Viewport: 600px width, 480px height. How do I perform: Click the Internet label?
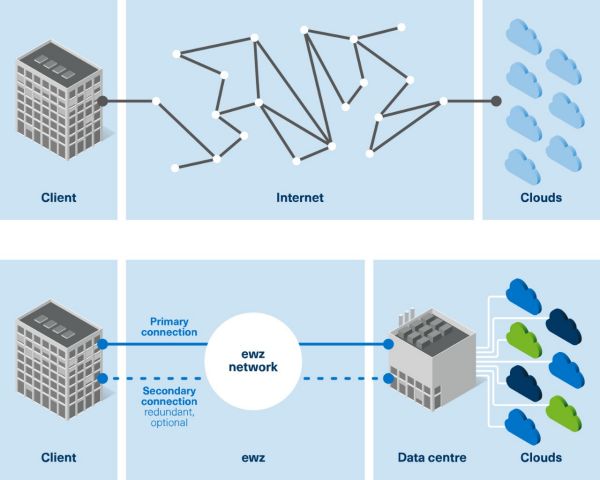point(300,198)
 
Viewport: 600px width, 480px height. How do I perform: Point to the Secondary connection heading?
point(168,396)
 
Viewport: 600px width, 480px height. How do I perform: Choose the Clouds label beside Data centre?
point(541,457)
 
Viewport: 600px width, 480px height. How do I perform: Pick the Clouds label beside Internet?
point(541,198)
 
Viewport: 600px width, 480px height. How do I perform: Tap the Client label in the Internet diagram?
point(58,198)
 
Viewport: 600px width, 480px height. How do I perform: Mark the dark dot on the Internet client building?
point(102,100)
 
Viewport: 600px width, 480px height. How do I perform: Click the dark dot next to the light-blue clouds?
point(497,100)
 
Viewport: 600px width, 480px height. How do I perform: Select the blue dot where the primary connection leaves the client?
point(102,343)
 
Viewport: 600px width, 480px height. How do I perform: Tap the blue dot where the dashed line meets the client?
point(102,379)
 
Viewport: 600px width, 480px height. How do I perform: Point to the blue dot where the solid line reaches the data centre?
point(390,343)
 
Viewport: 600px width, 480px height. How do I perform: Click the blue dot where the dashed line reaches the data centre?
point(390,379)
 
